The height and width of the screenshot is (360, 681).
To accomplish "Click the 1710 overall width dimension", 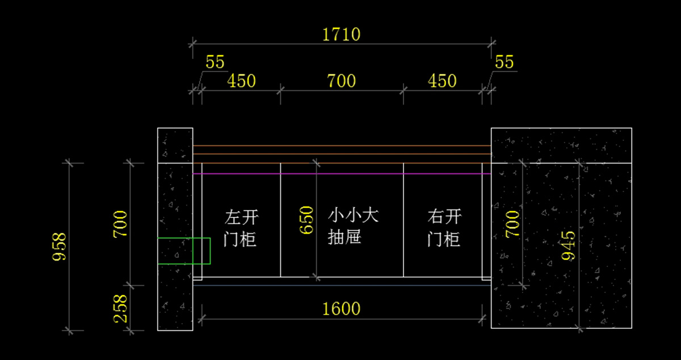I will [x=341, y=35].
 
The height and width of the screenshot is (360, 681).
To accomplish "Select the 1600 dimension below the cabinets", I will [x=341, y=309].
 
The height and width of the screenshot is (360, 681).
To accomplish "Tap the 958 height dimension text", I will [x=60, y=246].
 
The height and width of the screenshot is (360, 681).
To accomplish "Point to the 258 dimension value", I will [x=121, y=308].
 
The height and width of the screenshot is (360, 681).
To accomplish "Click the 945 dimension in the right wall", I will [x=568, y=245].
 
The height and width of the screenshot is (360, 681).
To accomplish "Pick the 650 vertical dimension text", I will [x=306, y=220].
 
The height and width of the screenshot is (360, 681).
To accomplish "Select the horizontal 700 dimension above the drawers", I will [x=341, y=81].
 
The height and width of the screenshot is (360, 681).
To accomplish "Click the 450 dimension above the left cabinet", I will [x=241, y=81].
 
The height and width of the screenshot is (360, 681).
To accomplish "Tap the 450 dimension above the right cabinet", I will [x=442, y=81].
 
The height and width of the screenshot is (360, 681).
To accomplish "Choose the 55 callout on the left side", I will [x=215, y=62].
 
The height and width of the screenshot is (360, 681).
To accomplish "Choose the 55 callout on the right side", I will [x=505, y=62].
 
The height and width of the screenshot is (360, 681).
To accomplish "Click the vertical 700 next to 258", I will [x=121, y=224].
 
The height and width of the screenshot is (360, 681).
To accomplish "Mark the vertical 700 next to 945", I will [x=512, y=224].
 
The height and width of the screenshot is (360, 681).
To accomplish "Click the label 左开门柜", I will [x=241, y=228].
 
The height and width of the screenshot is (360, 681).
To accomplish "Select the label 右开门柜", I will [x=444, y=228].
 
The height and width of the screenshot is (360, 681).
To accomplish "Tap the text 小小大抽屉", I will [x=352, y=226].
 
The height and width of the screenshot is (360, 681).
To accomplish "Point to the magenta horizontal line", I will [x=341, y=174].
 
